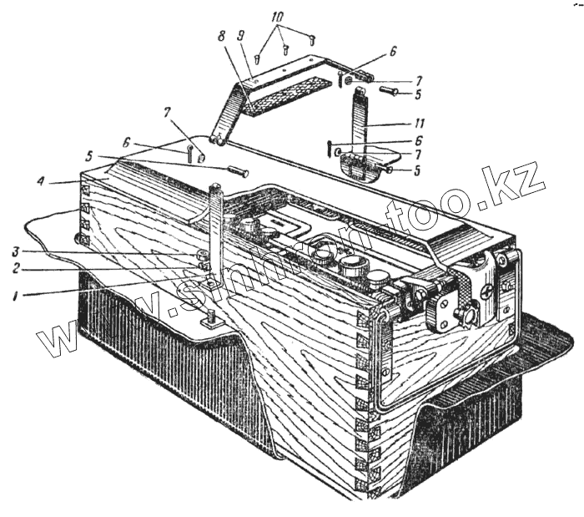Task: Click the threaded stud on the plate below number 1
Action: (212, 317)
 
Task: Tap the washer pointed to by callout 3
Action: (201, 255)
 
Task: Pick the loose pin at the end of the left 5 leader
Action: (238, 172)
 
